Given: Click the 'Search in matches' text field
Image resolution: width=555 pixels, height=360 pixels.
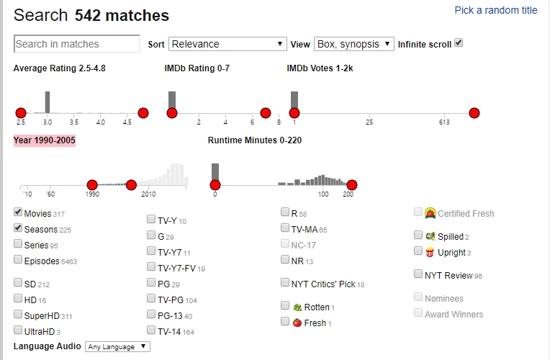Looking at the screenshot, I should coord(77,44).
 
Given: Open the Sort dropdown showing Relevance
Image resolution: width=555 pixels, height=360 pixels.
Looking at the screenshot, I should coord(227,44).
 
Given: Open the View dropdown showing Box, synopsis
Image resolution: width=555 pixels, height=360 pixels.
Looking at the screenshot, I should coord(353,44).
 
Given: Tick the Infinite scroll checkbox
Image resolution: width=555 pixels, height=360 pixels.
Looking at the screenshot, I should coord(459,43).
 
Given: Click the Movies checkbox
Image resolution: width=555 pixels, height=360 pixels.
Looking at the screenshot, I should coord(18,213).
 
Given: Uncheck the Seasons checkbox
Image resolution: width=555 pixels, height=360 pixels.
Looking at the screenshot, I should coord(18,228).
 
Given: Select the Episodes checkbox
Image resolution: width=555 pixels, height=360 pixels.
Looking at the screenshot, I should coord(18,260).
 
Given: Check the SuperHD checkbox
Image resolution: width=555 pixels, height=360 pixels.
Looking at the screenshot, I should coord(18,315).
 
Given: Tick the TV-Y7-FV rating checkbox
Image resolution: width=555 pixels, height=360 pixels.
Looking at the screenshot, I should coord(151,267).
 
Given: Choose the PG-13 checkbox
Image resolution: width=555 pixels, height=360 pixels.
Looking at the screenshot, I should coord(151,315).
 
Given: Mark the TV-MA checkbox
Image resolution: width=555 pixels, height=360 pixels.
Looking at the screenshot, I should coord(285,228).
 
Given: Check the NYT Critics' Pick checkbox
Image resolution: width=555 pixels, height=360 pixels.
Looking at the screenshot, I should coord(285,283).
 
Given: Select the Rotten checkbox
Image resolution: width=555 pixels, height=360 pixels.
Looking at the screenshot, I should coord(285,306).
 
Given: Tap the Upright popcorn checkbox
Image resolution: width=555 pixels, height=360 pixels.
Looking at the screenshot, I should coord(419,251).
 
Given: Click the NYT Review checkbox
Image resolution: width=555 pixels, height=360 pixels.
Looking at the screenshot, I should coord(419,274).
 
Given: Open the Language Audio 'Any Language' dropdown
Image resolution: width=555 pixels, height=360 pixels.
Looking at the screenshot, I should coord(117,347).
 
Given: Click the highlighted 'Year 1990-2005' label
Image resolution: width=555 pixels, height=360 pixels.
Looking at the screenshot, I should coord(45,140).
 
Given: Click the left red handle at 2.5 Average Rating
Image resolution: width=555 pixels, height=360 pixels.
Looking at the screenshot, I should coord(21,113).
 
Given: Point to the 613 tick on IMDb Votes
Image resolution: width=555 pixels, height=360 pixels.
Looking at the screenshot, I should coord(444,122).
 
